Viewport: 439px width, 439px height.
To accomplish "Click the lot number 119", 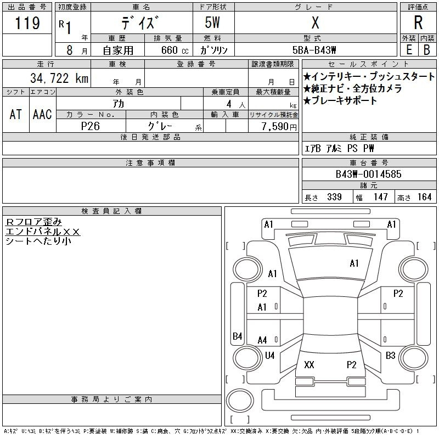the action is [27, 22].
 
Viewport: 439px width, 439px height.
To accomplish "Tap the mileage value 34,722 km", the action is [59, 78].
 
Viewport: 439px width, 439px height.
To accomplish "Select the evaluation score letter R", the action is [418, 22].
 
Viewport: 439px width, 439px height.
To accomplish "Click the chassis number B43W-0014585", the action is [368, 174].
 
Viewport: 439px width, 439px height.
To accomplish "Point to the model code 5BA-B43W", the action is [314, 50].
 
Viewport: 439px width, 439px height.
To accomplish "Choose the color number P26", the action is [91, 126].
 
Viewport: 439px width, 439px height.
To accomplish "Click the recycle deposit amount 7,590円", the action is [279, 127].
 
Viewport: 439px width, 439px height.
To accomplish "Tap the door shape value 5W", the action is [212, 22].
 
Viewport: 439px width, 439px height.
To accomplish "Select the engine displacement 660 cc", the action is [175, 50].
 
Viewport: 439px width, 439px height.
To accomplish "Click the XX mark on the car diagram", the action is [309, 364].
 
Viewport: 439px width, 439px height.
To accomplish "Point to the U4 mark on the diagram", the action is [270, 356].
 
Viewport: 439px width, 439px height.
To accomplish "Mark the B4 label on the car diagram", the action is [238, 336].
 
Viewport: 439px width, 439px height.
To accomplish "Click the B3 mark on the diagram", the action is [390, 356].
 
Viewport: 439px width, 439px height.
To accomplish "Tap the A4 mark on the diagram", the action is [262, 340].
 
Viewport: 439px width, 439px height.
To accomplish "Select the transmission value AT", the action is [16, 114].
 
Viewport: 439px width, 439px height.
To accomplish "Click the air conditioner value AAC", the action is [42, 114].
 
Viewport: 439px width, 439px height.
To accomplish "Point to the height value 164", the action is [424, 197].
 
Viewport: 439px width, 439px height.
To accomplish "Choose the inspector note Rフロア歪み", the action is [33, 222].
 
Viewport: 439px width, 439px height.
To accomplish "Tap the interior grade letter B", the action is [427, 50].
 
